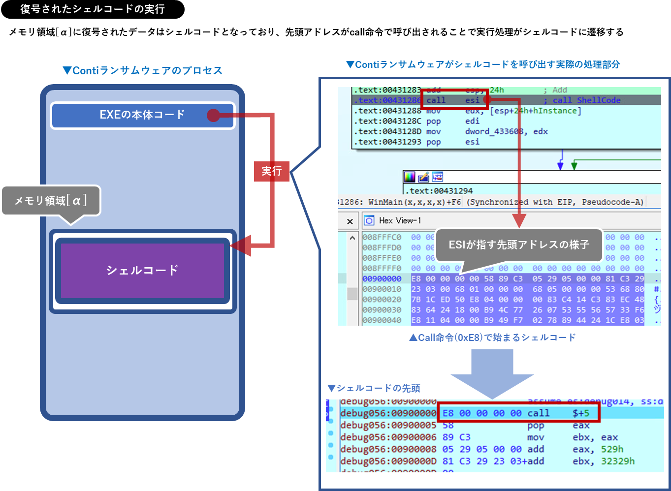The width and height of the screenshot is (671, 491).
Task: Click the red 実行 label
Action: tap(271, 171)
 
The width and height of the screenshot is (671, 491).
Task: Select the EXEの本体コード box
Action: tap(142, 115)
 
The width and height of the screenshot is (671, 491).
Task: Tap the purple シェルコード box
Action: tap(142, 270)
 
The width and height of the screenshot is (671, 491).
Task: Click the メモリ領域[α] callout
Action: tap(51, 200)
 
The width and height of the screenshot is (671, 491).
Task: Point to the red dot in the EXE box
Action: tap(213, 115)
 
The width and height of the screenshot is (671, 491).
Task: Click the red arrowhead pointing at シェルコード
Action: tap(241, 245)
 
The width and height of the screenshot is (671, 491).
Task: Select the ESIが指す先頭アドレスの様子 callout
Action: tap(519, 245)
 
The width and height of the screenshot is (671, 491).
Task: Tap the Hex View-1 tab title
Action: tap(400, 220)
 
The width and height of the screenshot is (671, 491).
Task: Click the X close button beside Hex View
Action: tap(350, 221)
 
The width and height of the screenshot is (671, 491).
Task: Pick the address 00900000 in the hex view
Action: tap(382, 279)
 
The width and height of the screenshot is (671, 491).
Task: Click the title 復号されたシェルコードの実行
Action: tap(93, 9)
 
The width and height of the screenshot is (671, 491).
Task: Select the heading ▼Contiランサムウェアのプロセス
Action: tap(142, 70)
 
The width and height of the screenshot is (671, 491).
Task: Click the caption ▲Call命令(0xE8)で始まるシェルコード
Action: tap(492, 338)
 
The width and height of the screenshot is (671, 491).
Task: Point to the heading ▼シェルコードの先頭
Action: tap(374, 388)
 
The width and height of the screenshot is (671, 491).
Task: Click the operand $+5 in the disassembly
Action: tap(581, 413)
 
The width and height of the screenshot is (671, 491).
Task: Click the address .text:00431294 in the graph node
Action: tap(438, 191)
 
